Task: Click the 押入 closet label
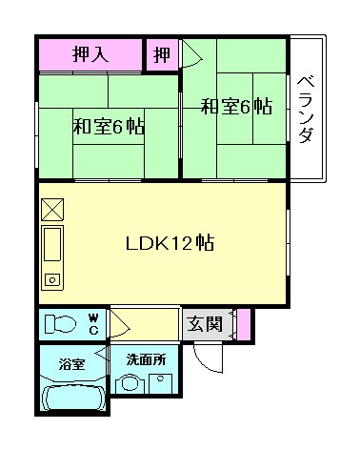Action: tap(90, 54)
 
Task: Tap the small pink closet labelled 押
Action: tap(162, 54)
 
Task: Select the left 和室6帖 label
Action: tap(109, 126)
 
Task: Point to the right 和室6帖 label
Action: tap(236, 107)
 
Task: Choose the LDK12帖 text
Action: tap(170, 242)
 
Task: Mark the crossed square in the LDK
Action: tap(51, 209)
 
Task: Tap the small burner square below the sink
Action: tap(51, 280)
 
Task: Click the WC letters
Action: tap(94, 321)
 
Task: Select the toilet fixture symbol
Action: tap(59, 322)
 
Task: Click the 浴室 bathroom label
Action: tap(72, 364)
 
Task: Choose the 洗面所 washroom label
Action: tap(146, 360)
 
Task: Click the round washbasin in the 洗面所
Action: tap(128, 385)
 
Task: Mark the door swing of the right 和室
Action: tap(191, 53)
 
